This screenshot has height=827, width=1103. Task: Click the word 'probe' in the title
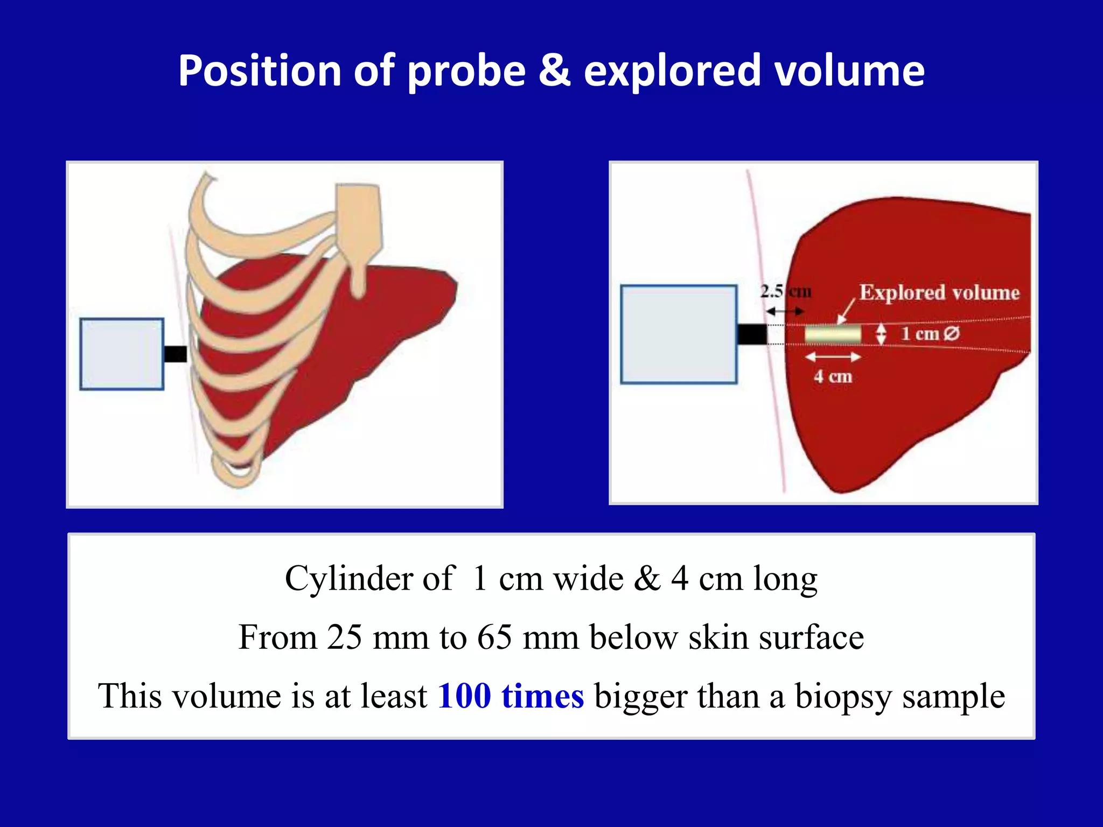pyautogui.click(x=466, y=72)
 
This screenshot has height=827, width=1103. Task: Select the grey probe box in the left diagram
pyautogui.click(x=122, y=354)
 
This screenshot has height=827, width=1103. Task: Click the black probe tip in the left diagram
pyautogui.click(x=175, y=354)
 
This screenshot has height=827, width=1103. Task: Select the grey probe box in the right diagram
pyautogui.click(x=679, y=334)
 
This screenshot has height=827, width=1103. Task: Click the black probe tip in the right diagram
pyautogui.click(x=752, y=334)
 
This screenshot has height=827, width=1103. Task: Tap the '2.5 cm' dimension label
pyautogui.click(x=785, y=292)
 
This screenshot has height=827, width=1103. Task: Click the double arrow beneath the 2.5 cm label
pyautogui.click(x=785, y=311)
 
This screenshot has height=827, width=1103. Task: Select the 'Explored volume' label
pyautogui.click(x=939, y=292)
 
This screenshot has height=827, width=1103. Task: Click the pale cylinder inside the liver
pyautogui.click(x=833, y=334)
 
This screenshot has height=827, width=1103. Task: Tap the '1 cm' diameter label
pyautogui.click(x=930, y=334)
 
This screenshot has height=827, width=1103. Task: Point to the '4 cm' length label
pyautogui.click(x=833, y=376)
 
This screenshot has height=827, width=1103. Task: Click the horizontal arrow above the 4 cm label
pyautogui.click(x=833, y=356)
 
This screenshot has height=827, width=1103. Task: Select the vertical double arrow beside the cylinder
pyautogui.click(x=881, y=334)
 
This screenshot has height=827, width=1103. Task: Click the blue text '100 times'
pyautogui.click(x=511, y=696)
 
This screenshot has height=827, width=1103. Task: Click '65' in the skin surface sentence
pyautogui.click(x=494, y=637)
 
